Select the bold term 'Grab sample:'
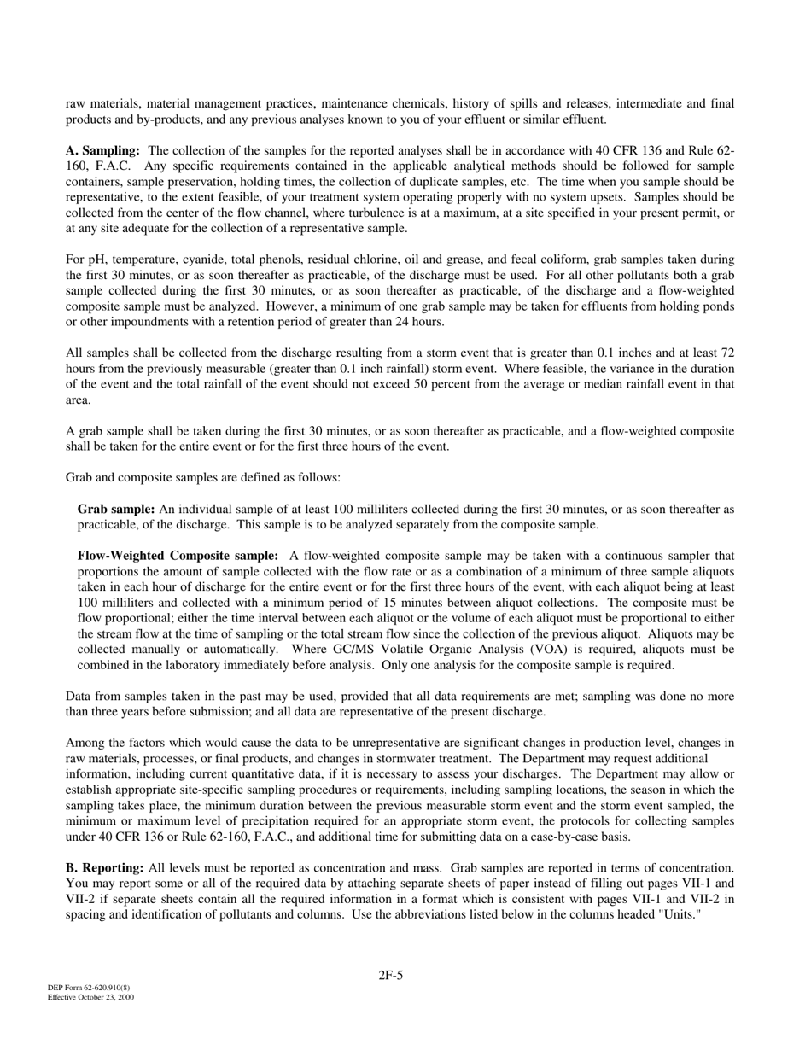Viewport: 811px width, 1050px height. [x=116, y=510]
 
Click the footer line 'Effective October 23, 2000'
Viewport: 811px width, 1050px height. [x=90, y=997]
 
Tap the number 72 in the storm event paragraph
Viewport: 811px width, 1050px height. [x=727, y=353]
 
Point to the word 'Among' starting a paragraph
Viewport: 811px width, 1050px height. [x=84, y=744]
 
